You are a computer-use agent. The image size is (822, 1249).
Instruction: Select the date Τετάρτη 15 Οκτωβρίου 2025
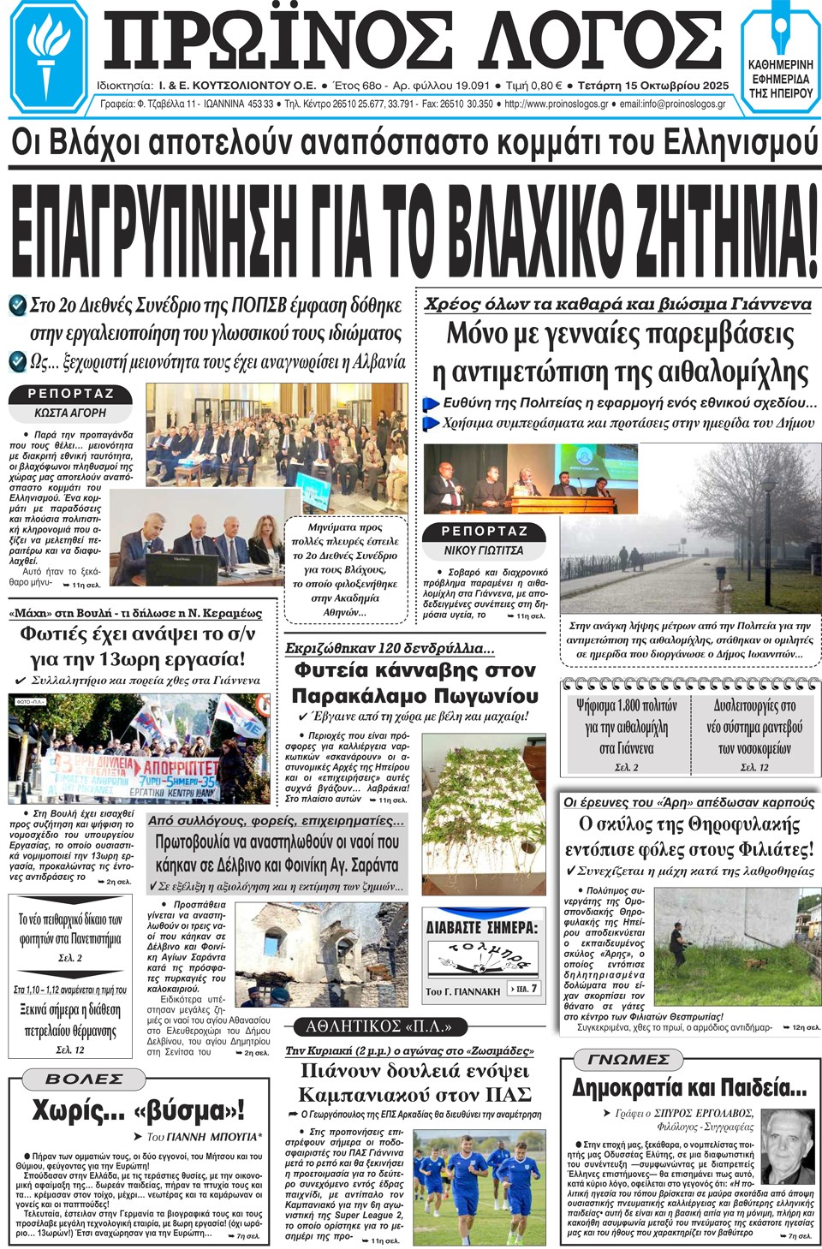(x=653, y=86)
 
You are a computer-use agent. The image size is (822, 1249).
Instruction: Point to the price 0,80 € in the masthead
(x=545, y=86)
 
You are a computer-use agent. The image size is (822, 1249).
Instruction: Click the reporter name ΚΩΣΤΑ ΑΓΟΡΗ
(x=70, y=413)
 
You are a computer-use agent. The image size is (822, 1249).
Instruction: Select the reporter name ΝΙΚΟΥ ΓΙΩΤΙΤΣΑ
(x=483, y=550)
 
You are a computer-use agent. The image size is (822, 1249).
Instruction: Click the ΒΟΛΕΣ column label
(x=84, y=1079)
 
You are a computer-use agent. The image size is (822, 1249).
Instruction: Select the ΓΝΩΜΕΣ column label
(x=628, y=1060)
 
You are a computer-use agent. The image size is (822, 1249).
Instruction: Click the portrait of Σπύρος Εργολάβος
(x=786, y=1145)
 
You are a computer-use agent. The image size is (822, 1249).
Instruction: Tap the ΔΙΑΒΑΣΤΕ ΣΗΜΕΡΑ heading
(x=483, y=926)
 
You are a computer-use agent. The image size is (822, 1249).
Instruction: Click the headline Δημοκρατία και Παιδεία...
(x=689, y=1089)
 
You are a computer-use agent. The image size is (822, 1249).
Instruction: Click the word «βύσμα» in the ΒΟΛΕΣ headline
(x=188, y=1111)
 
